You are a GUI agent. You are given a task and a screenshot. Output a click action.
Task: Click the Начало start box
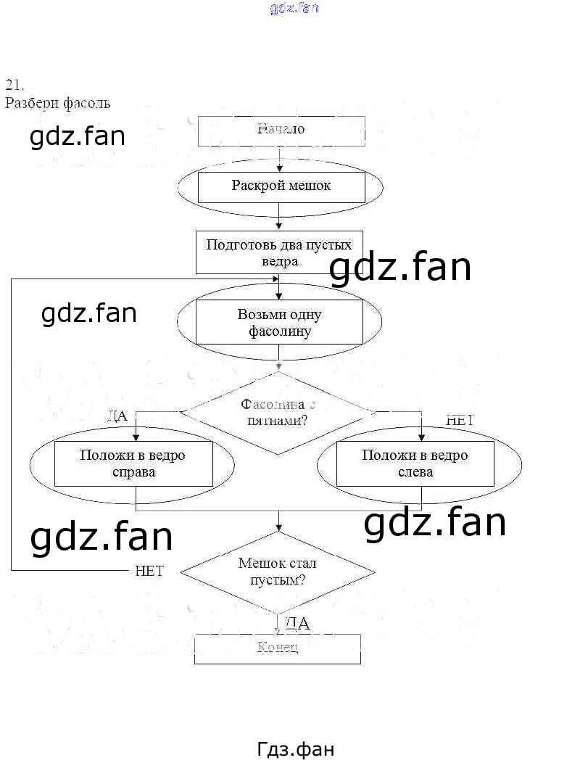tap(281, 130)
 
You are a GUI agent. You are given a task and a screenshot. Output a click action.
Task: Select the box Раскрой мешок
tap(281, 186)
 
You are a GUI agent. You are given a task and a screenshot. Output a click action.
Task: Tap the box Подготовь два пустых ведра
tap(279, 252)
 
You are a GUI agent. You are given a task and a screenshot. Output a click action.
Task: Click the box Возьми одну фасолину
tap(279, 323)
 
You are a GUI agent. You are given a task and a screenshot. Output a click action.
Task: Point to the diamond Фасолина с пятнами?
tap(278, 413)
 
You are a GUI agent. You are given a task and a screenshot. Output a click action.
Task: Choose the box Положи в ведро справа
tap(133, 464)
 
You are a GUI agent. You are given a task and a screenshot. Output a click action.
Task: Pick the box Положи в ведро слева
tap(415, 464)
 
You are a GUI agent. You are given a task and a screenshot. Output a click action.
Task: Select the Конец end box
tap(278, 648)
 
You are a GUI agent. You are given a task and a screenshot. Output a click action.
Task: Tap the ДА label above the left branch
tap(117, 416)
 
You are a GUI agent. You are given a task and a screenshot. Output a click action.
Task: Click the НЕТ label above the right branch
tap(459, 419)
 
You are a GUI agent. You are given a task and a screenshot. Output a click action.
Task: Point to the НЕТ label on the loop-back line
tap(149, 571)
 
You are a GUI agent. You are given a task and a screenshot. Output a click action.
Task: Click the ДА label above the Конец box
tap(297, 623)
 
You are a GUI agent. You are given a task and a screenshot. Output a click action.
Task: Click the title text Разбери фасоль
tap(57, 103)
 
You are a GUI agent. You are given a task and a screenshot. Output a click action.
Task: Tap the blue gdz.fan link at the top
tap(294, 9)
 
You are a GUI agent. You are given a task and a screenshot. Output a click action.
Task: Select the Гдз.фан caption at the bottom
tap(296, 748)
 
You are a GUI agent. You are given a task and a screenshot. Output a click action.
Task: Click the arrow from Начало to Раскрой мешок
tap(280, 158)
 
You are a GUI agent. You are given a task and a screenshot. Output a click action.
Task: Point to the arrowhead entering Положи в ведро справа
tap(136, 436)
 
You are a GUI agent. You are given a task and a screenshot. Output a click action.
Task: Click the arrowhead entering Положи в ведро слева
tap(421, 436)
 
